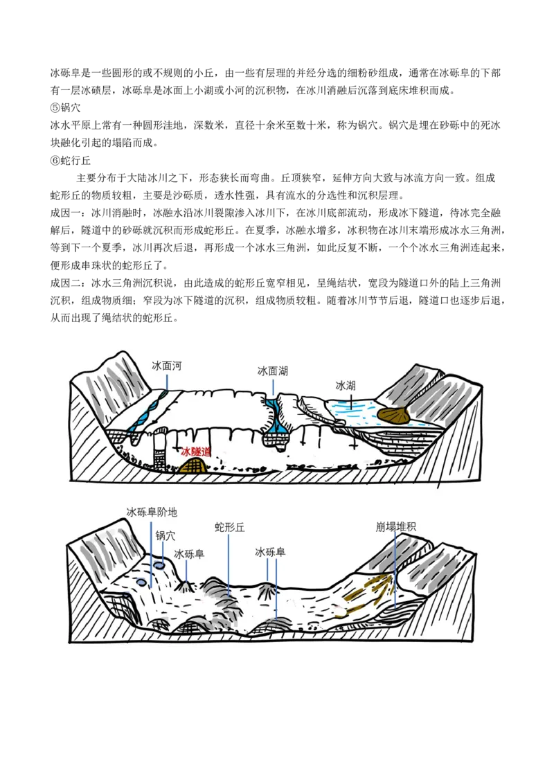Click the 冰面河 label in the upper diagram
coord(166,366)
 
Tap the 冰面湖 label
coord(273,371)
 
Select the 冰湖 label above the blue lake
coord(346,386)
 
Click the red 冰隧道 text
coord(195,452)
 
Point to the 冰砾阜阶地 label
coord(152,512)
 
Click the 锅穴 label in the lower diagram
coord(166,535)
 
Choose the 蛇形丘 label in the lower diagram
coord(229,527)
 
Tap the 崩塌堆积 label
coord(395,526)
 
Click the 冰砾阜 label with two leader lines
coord(270,552)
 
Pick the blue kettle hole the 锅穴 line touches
coord(159,565)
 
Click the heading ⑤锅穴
coord(66,108)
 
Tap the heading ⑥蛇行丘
coord(71,161)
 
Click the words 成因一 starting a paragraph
coord(66,213)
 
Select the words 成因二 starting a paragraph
coord(66,283)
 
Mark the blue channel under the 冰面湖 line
coord(272,415)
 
